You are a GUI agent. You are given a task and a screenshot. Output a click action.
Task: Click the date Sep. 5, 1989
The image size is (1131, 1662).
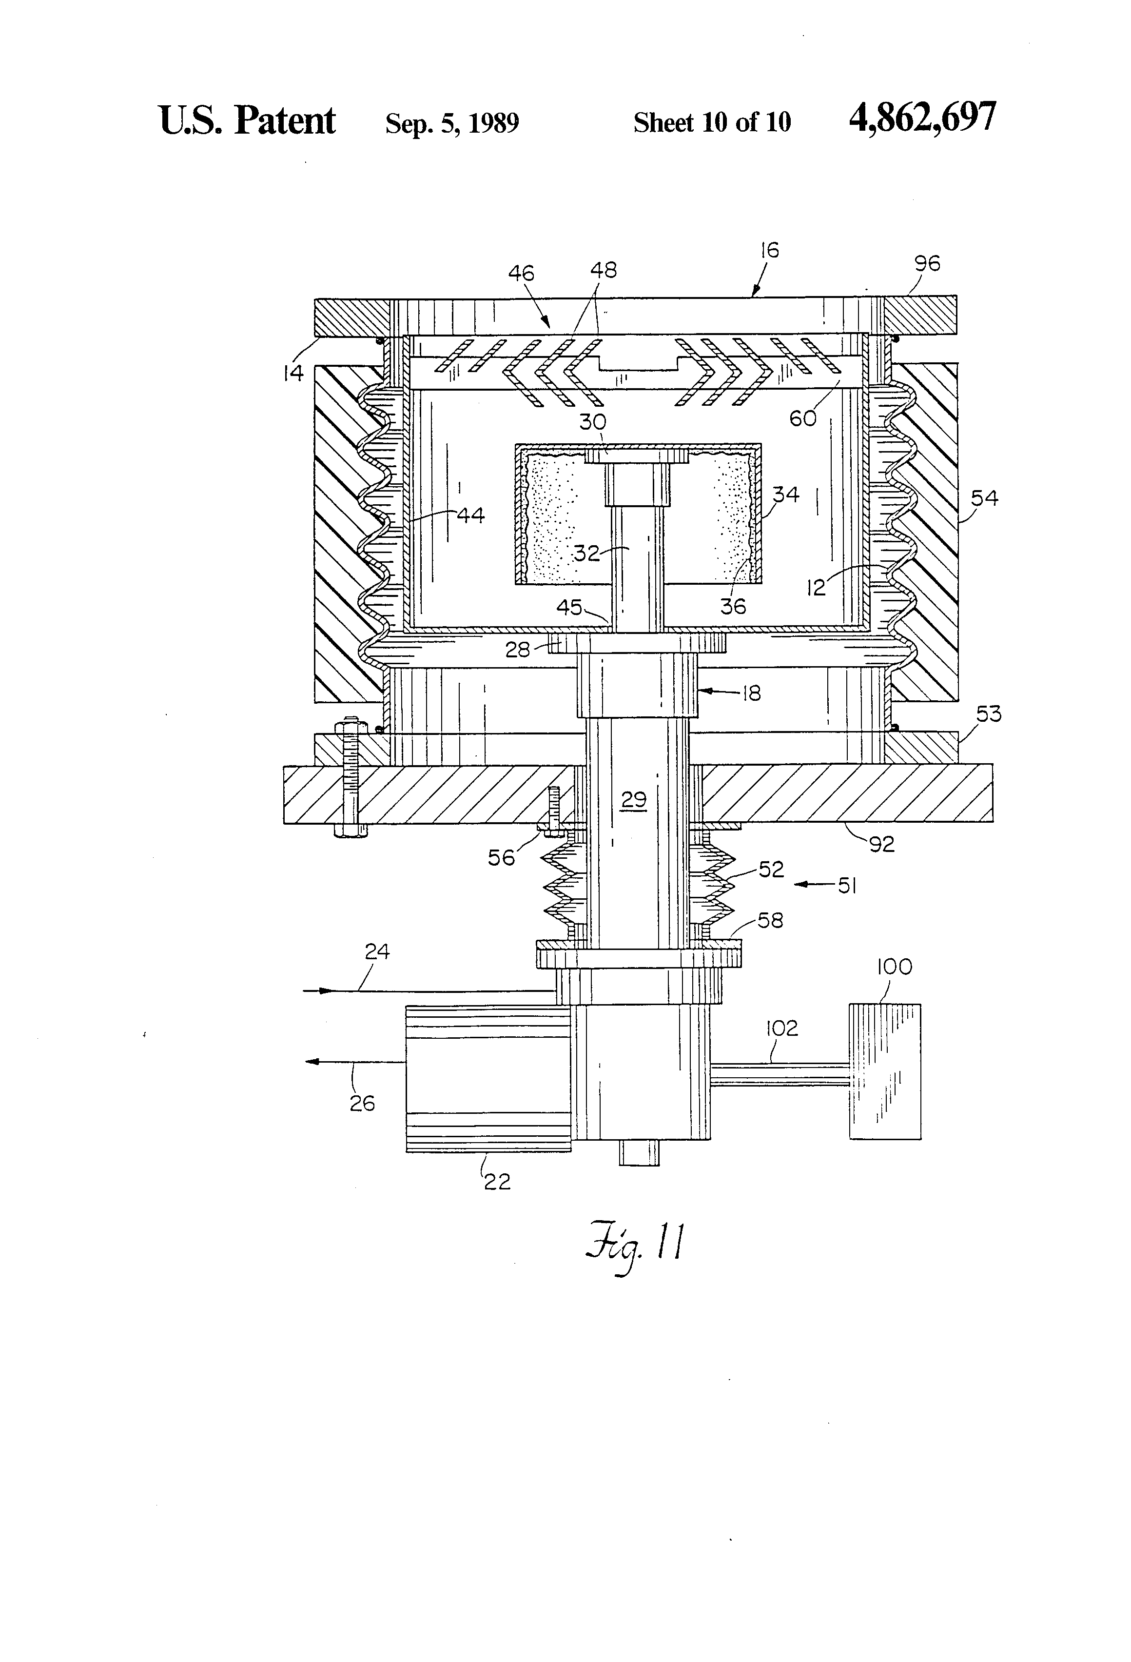pyautogui.click(x=452, y=123)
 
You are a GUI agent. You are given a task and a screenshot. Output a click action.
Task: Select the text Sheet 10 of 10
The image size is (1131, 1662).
pyautogui.click(x=712, y=122)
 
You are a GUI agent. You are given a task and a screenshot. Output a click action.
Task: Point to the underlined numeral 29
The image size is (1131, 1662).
pyautogui.click(x=633, y=799)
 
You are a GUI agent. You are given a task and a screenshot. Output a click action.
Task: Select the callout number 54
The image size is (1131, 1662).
pyautogui.click(x=984, y=498)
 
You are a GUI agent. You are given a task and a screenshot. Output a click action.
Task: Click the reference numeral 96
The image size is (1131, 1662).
pyautogui.click(x=927, y=264)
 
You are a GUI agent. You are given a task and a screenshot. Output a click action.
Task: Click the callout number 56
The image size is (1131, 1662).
pyautogui.click(x=501, y=857)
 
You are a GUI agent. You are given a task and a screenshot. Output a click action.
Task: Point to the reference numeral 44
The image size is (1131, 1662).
pyautogui.click(x=470, y=515)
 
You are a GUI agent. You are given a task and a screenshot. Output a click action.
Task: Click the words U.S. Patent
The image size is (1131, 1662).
pyautogui.click(x=247, y=120)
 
